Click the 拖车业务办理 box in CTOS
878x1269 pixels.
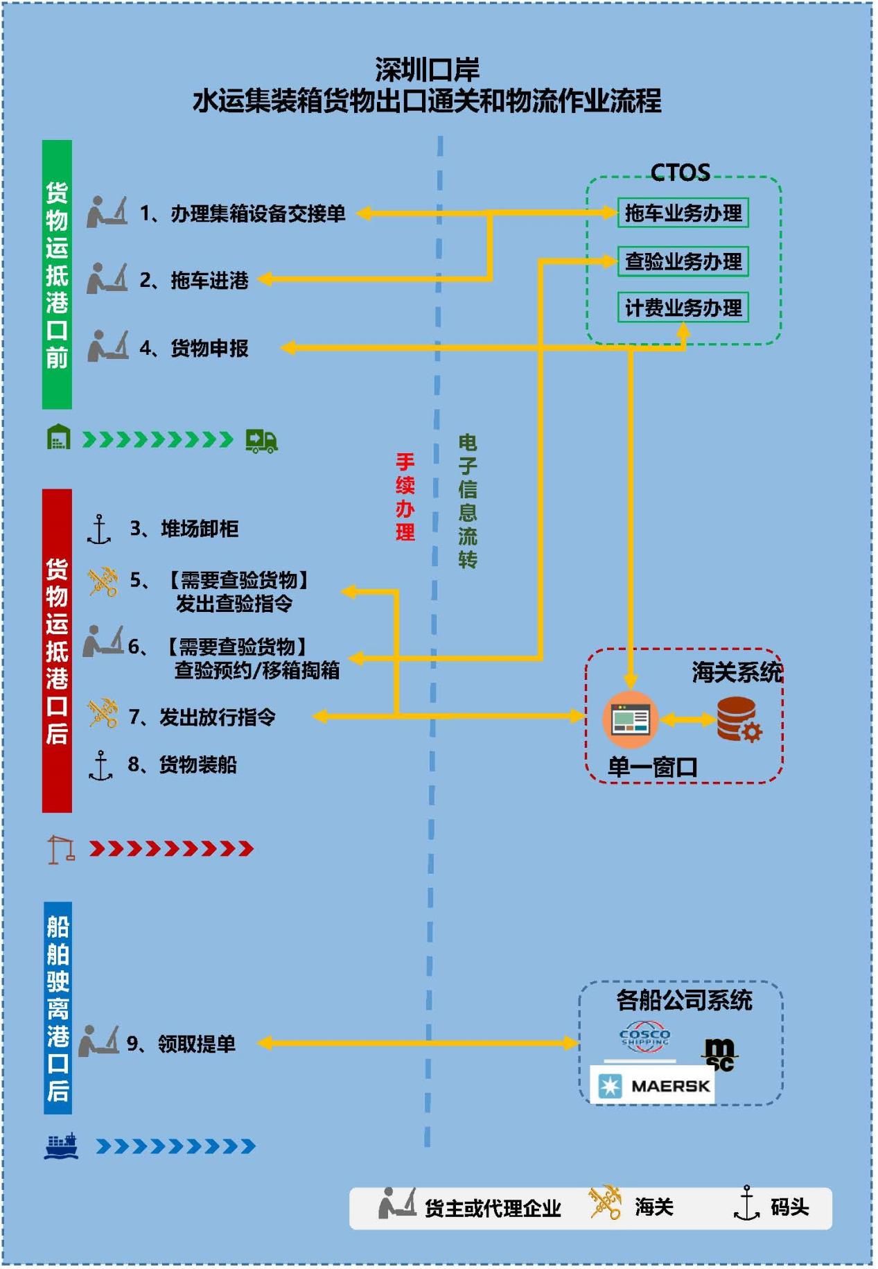(x=683, y=213)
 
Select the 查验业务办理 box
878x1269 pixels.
(x=683, y=261)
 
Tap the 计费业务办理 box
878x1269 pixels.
(x=683, y=308)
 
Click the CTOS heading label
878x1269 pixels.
(x=680, y=172)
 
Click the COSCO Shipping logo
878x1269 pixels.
(x=644, y=1036)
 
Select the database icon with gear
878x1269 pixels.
(x=738, y=719)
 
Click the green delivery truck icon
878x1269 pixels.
(x=262, y=440)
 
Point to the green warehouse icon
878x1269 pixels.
(x=59, y=437)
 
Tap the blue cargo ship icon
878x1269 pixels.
(x=61, y=1146)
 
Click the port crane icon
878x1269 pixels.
(x=61, y=849)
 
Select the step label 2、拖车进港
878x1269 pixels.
(x=194, y=280)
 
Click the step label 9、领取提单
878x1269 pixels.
(x=181, y=1043)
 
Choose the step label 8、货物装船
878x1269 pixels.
(x=182, y=764)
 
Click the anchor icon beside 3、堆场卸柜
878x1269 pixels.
(x=99, y=530)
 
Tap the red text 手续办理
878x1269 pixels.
(x=405, y=496)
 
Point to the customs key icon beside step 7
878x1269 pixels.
(x=103, y=713)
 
